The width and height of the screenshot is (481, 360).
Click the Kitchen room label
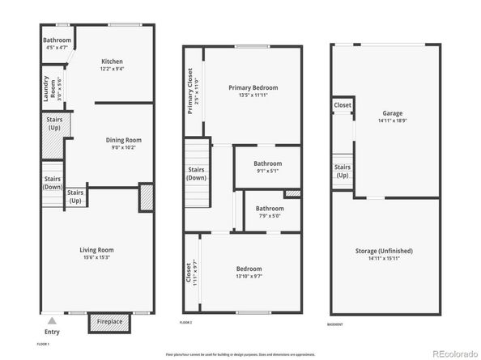point(112,61)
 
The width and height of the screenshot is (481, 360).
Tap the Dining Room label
point(125,140)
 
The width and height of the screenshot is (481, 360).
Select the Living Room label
point(96,250)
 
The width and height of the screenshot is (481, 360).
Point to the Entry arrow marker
point(51,320)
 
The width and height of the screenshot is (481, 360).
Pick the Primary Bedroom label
point(252,87)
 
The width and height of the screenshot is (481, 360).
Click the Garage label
point(393,113)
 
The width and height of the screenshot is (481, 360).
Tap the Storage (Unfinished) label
point(387,251)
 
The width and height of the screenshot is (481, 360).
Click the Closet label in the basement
point(343,105)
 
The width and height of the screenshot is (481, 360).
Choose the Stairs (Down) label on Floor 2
point(197,173)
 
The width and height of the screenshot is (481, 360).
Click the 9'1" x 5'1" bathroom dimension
point(267,171)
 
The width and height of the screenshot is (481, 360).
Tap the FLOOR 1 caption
point(43,345)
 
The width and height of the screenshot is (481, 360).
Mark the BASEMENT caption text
point(335,324)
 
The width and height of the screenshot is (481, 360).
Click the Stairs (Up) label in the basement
point(343,172)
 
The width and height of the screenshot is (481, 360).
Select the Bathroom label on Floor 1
point(57,40)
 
